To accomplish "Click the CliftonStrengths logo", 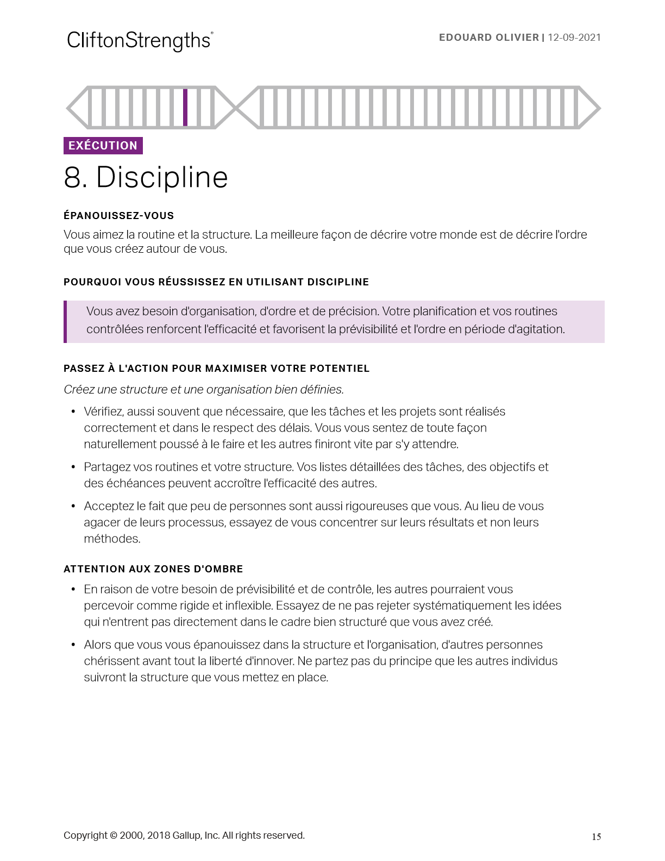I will pyautogui.click(x=140, y=40).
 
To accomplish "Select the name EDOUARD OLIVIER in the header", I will pyautogui.click(x=488, y=38).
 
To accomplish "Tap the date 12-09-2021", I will pyautogui.click(x=574, y=38).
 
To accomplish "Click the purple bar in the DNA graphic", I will pyautogui.click(x=185, y=108).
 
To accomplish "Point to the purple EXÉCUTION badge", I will pyautogui.click(x=103, y=146).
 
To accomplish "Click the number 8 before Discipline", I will pyautogui.click(x=75, y=178).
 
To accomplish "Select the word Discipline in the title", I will pyautogui.click(x=162, y=178).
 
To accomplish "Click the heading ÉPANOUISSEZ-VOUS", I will pyautogui.click(x=118, y=216).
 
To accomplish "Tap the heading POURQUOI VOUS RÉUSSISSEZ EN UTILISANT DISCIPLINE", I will pyautogui.click(x=216, y=282).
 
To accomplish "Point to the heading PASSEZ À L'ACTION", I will pyautogui.click(x=216, y=369).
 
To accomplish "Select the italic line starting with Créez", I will pyautogui.click(x=204, y=390).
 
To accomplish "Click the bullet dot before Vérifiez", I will pyautogui.click(x=73, y=412).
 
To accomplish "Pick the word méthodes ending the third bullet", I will pyautogui.click(x=112, y=539).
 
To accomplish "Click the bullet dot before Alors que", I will pyautogui.click(x=73, y=645).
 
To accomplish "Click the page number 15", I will pyautogui.click(x=596, y=837).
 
